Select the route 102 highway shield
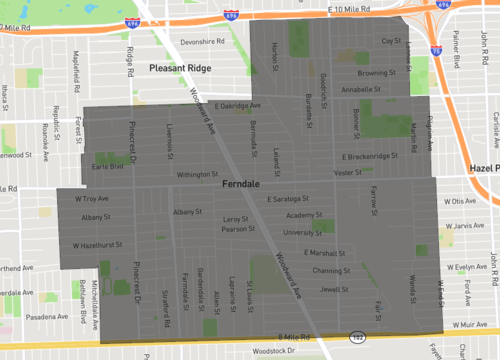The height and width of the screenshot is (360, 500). [x=356, y=338]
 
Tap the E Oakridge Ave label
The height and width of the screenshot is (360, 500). [x=238, y=105]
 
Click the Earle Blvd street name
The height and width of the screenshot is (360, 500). [x=108, y=167]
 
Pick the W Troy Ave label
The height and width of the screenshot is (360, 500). [x=92, y=199]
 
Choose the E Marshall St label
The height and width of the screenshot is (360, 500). [x=321, y=253]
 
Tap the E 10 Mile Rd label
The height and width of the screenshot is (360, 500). [x=355, y=8]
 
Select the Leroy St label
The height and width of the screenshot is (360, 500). [x=235, y=218]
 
